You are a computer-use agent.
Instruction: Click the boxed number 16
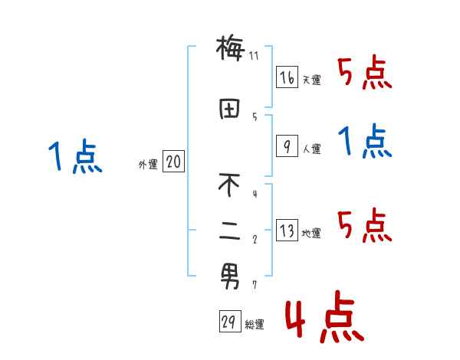287,78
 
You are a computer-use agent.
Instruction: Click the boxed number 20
173,162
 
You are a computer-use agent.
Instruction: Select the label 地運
311,234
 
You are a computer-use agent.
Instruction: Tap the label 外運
148,164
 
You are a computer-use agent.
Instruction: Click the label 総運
255,325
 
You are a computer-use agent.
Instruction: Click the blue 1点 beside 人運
365,142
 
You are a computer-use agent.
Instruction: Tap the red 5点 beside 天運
365,72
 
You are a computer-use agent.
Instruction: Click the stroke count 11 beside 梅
254,56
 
